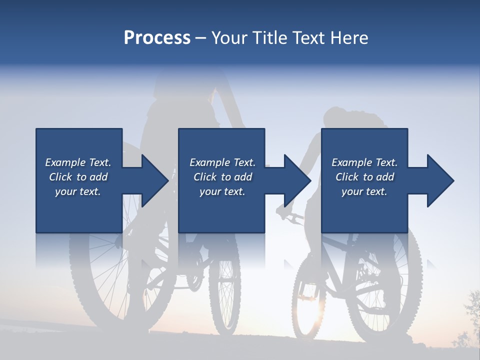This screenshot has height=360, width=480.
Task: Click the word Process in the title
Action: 157,37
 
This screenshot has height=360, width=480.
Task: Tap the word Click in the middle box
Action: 204,177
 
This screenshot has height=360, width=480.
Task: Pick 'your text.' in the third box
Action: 364,191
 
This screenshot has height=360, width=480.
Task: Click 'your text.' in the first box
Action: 78,191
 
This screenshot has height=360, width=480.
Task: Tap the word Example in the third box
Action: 348,162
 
